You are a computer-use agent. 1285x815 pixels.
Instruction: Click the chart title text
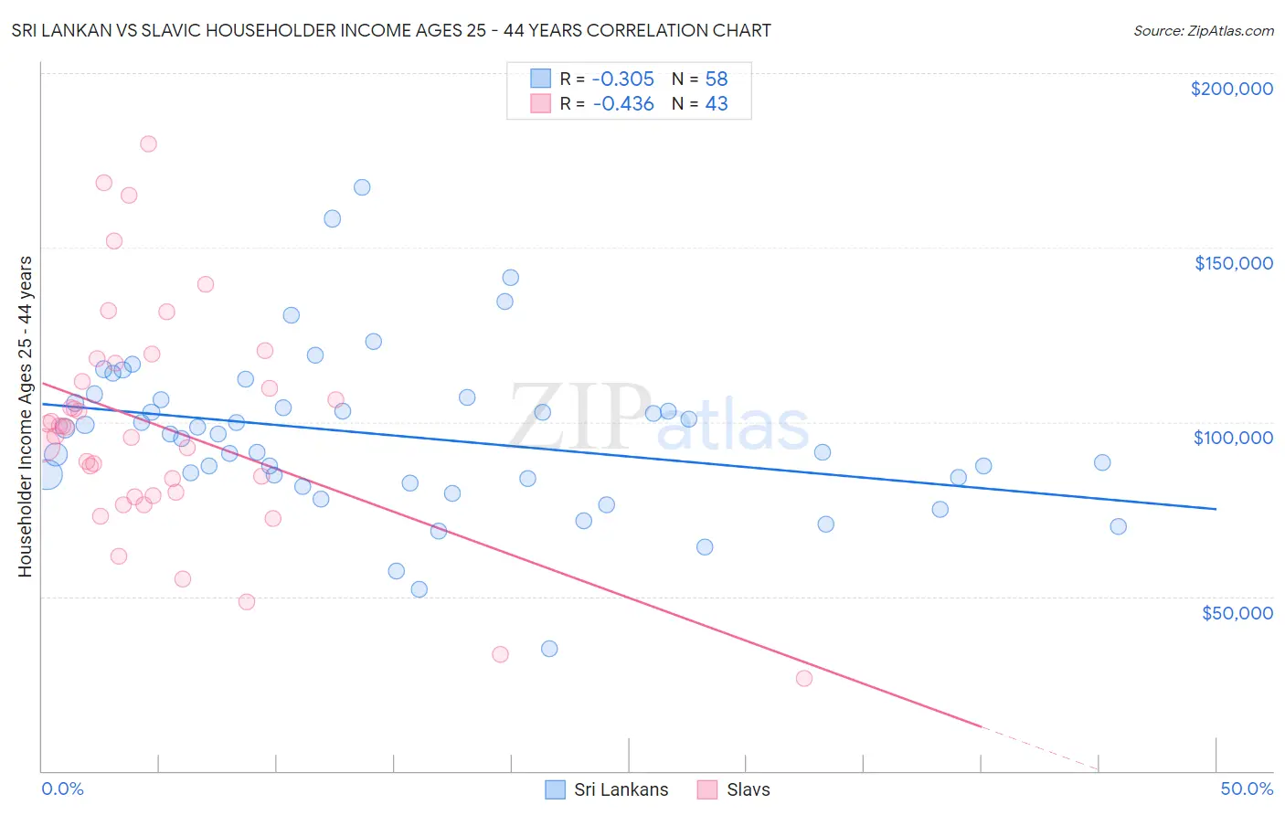pos(391,30)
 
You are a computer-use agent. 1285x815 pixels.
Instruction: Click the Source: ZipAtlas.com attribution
pos(1203,30)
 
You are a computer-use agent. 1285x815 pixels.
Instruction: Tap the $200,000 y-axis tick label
pos(1231,89)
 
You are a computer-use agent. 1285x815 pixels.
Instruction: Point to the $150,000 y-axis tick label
pos(1233,263)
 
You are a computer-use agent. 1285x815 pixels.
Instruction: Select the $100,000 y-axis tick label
pos(1233,438)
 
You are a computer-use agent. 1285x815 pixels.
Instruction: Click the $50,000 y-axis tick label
pos(1237,613)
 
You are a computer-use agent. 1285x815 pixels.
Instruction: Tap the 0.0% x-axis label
pos(62,789)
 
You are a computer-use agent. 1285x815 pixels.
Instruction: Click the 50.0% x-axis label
pos(1247,789)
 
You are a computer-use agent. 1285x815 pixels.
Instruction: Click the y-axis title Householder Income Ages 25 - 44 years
pos(25,417)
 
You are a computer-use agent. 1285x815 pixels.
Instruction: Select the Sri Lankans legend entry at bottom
pos(607,789)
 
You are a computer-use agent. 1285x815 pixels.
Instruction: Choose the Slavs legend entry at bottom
pos(734,789)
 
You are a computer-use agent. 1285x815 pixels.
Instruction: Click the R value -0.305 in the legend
pos(623,79)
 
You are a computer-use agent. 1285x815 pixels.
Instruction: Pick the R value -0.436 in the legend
pos(623,104)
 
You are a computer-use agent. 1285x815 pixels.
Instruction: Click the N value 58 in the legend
pos(717,79)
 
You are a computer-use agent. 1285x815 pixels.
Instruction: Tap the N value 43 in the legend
pos(717,104)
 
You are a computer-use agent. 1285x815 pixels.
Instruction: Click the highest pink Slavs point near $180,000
pos(148,143)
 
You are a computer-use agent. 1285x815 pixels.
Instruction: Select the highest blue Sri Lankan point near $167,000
pos(362,187)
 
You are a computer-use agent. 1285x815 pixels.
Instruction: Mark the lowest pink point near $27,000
pos(804,678)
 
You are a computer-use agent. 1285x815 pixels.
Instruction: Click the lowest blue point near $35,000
pos(549,649)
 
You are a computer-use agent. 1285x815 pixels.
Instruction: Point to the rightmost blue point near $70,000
pos(1118,526)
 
